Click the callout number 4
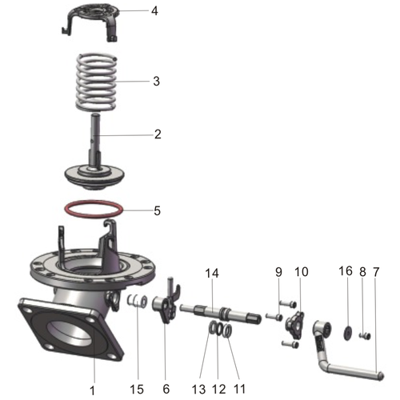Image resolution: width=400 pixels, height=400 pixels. pyautogui.click(x=154, y=11)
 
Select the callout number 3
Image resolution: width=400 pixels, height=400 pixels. pyautogui.click(x=157, y=81)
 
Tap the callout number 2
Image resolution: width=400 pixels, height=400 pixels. pyautogui.click(x=158, y=134)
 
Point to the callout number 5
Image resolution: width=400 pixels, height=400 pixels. pyautogui.click(x=157, y=211)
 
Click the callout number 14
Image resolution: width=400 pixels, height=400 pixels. pyautogui.click(x=211, y=274)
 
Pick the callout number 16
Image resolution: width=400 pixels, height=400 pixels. pyautogui.click(x=346, y=272)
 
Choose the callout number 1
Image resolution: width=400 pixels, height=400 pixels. pyautogui.click(x=92, y=390)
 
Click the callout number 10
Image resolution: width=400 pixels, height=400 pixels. pyautogui.click(x=301, y=272)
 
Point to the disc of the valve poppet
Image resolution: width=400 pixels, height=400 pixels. pyautogui.click(x=95, y=173)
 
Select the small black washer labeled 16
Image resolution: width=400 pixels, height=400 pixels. pyautogui.click(x=349, y=332)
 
